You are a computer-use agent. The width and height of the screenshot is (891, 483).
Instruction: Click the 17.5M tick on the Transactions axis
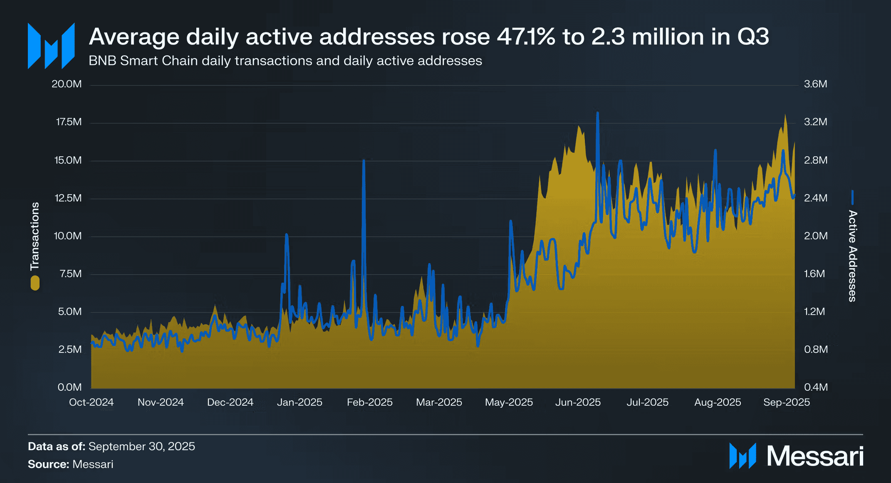coord(69,122)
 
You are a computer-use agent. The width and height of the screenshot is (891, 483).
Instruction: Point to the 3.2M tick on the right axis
coord(815,122)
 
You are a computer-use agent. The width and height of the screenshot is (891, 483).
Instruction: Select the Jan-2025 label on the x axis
coord(299,402)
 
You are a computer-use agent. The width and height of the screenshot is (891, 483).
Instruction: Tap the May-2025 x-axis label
coord(509,402)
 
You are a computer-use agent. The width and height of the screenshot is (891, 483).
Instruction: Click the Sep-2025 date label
coord(786,402)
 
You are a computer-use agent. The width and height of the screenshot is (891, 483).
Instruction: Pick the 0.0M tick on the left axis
coord(69,387)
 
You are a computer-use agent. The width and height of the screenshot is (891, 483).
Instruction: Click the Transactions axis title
coord(35,236)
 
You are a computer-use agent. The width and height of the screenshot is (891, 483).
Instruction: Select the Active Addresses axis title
coord(852,256)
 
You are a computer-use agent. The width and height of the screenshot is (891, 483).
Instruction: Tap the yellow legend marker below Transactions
coord(35,283)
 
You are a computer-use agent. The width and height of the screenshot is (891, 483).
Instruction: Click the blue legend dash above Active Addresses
coord(852,197)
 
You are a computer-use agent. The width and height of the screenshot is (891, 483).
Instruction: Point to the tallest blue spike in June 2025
coord(597,113)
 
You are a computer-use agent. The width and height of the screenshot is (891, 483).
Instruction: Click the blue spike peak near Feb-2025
coord(364,161)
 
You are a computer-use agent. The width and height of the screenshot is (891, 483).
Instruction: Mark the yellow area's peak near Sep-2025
coord(785,115)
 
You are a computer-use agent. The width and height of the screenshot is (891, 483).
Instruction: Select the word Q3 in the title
coord(753,37)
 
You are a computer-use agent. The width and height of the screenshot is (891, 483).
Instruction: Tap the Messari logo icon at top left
coord(51,46)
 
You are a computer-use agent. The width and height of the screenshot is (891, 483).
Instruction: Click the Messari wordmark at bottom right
coord(815,456)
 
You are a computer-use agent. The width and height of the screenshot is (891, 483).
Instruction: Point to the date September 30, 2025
coord(142,446)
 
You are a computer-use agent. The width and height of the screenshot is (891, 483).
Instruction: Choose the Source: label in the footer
coord(48,464)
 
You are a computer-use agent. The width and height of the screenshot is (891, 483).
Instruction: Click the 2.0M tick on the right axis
coord(815,236)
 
